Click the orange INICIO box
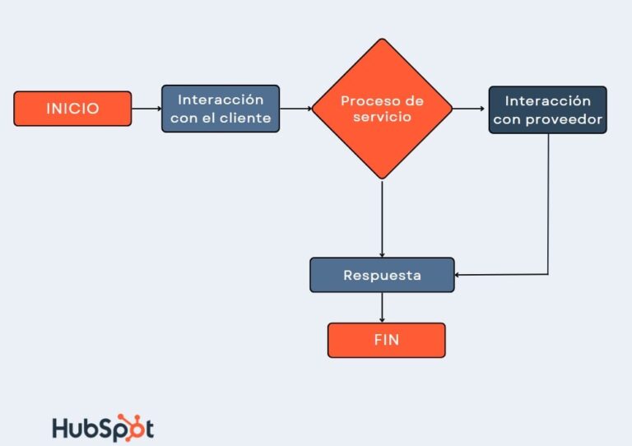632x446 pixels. point(72,109)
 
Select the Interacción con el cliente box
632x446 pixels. point(221,109)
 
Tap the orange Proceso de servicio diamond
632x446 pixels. point(382,109)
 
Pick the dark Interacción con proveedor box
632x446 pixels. point(547,110)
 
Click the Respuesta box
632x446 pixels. point(382,275)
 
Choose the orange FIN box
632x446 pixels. point(386,340)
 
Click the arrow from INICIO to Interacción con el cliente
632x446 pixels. point(146,109)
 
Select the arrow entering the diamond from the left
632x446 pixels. point(296,109)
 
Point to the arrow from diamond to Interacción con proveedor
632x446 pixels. point(470,109)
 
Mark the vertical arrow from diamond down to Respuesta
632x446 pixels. point(382,218)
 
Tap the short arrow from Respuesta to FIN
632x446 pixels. point(382,307)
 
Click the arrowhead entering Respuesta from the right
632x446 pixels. point(458,275)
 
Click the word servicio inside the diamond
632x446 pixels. point(382,118)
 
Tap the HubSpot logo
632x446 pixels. point(103,428)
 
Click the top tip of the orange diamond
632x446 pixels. point(382,39)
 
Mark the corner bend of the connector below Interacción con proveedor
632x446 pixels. point(548,275)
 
